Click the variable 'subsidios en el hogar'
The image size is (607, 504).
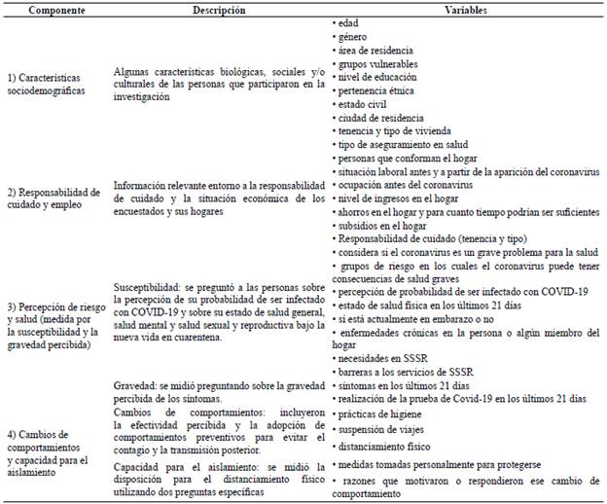tap(377, 223)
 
